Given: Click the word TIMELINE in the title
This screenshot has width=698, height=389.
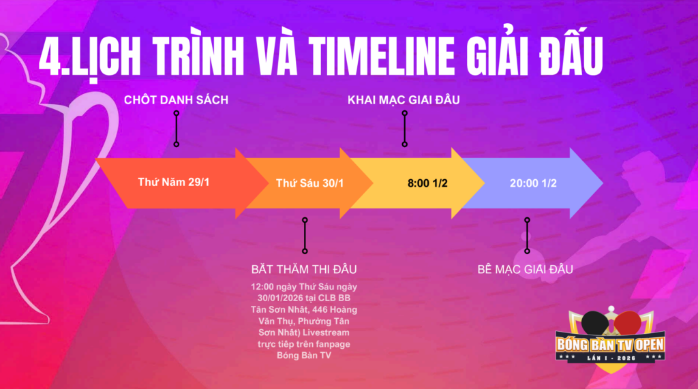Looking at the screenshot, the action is [382, 56].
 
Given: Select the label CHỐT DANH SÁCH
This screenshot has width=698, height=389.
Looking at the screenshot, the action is [176, 99].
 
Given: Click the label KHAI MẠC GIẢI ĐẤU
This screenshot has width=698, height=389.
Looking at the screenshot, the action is [404, 99].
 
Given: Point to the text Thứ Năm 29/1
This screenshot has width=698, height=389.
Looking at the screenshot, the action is [174, 182].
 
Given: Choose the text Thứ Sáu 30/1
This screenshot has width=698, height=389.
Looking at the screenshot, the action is [310, 183].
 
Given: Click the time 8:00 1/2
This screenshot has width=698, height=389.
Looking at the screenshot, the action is [427, 183].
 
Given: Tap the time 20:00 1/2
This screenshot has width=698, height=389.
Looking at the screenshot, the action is [533, 183].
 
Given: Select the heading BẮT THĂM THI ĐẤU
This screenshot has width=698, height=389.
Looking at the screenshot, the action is [303, 269].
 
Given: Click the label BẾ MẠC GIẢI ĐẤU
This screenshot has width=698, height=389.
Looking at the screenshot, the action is [525, 269].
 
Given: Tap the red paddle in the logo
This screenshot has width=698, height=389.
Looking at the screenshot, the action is [628, 322].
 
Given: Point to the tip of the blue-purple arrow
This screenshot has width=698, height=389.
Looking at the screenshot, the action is [603, 183].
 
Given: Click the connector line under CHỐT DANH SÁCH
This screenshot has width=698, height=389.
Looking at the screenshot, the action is [177, 129].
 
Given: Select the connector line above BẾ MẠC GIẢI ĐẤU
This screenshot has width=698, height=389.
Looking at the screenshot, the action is [527, 236].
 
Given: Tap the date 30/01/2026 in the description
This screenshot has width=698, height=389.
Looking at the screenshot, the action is [280, 298].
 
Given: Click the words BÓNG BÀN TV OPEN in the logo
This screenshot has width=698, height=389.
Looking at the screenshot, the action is [610, 345].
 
